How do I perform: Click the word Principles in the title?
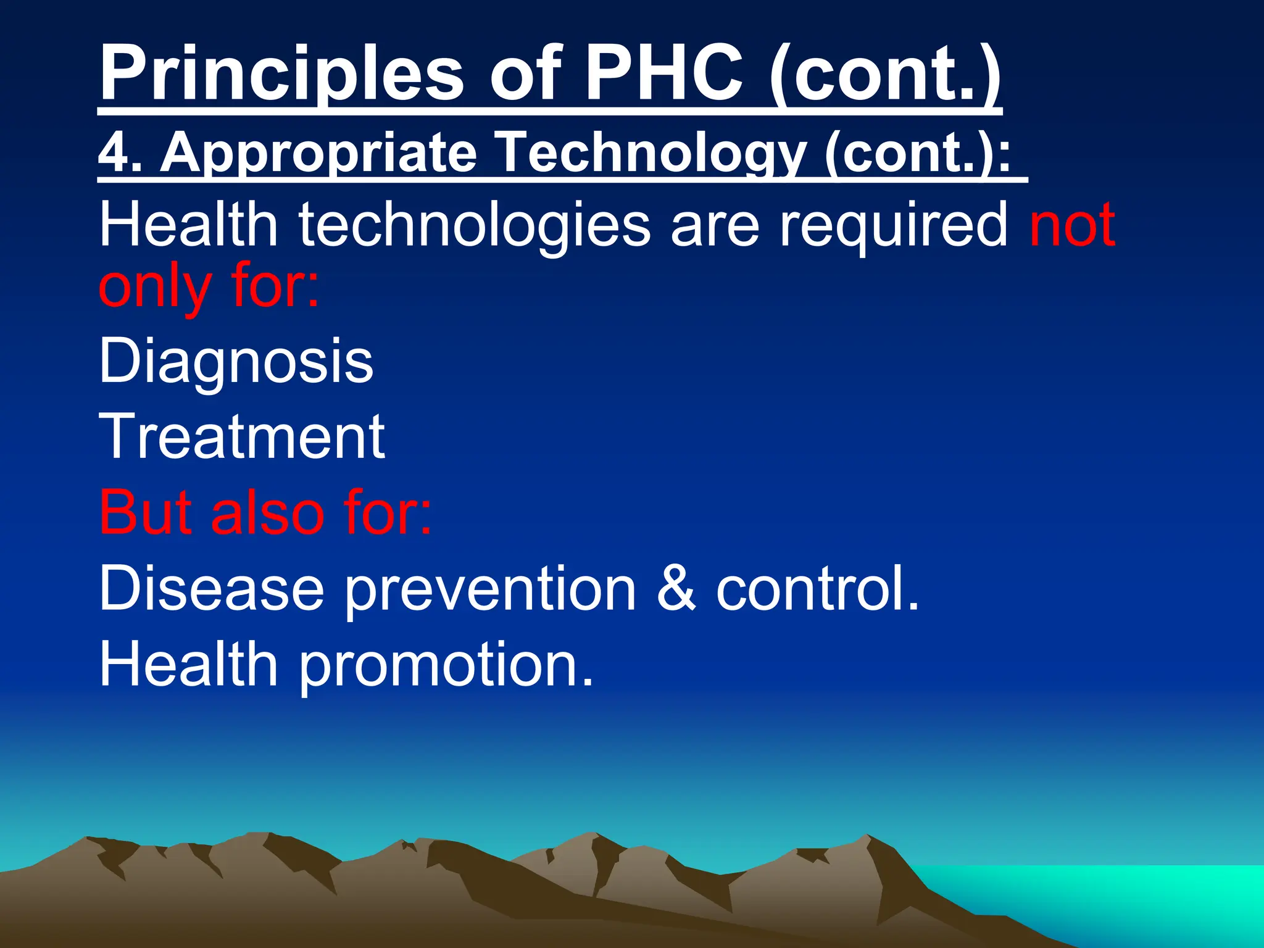pyautogui.click(x=281, y=74)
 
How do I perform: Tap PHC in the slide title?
pyautogui.click(x=663, y=74)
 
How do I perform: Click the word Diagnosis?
pyautogui.click(x=236, y=361)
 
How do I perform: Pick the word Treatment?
pyautogui.click(x=242, y=437)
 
